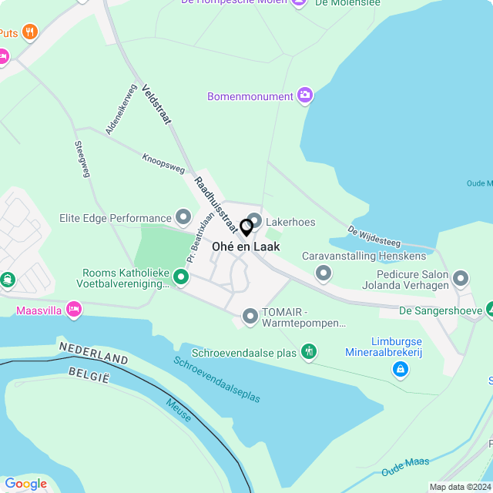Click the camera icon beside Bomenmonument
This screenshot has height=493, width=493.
click(305, 96)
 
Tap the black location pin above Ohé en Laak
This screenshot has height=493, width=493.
click(246, 227)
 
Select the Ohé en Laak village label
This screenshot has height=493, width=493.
click(251, 246)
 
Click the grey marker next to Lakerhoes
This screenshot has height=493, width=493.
click(254, 221)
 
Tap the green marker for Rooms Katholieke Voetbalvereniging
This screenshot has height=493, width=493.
click(181, 276)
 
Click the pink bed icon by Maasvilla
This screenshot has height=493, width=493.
click(74, 310)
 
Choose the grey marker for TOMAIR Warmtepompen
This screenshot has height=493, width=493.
click(250, 316)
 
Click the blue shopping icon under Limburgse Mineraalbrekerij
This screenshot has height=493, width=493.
click(400, 371)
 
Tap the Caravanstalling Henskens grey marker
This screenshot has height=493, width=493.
click(324, 273)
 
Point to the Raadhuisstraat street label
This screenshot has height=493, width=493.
click(216, 205)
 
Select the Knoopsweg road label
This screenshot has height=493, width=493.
click(163, 163)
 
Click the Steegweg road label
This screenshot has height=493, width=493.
click(82, 159)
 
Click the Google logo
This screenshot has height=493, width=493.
click(25, 484)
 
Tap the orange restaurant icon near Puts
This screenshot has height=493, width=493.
click(31, 32)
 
